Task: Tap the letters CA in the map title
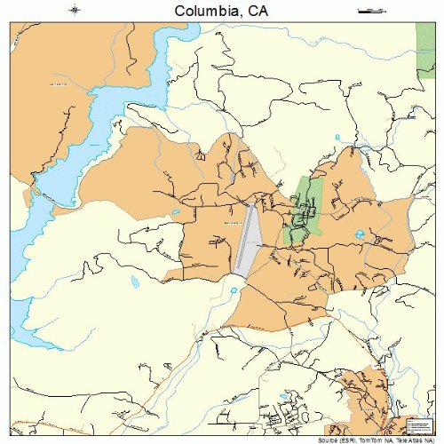(257, 11)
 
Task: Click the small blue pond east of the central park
(360, 234)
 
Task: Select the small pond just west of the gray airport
(176, 213)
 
